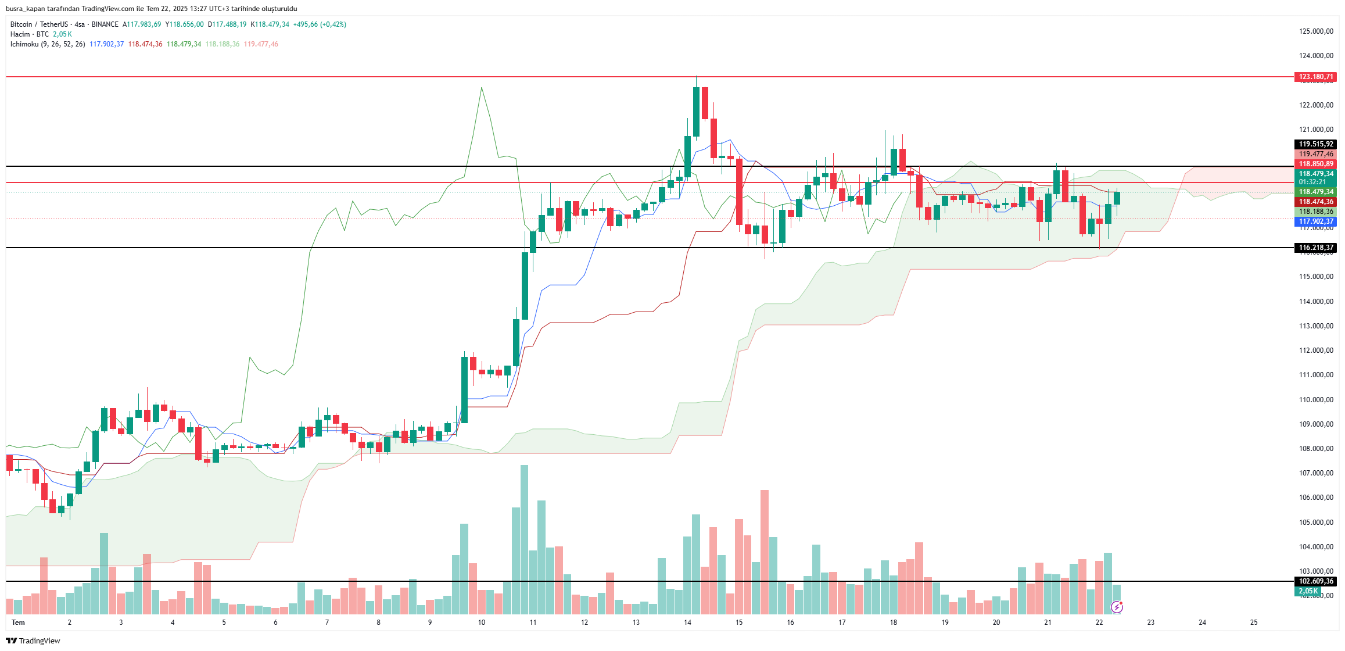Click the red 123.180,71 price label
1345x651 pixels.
coord(1315,77)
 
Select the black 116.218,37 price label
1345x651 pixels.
coord(1315,248)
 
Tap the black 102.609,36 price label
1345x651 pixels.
coord(1315,581)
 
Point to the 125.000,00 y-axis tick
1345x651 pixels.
coord(1316,31)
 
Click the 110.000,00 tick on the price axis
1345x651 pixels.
coord(1316,400)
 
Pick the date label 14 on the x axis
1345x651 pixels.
coord(687,623)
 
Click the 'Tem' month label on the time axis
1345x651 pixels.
coord(19,623)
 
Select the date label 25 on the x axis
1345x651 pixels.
coord(1254,623)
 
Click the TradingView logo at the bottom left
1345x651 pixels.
coord(33,641)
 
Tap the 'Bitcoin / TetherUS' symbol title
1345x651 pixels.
coord(39,24)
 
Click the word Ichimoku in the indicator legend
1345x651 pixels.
coord(24,44)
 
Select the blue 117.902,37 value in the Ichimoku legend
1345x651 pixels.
coord(106,44)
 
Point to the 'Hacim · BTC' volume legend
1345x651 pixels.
coord(30,34)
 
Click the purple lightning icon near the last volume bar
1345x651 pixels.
coord(1117,607)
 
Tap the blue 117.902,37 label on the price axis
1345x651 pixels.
coord(1315,221)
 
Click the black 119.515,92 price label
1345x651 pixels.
coord(1315,144)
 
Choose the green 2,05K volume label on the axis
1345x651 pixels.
coord(1308,591)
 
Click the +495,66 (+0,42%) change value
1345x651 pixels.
coord(320,24)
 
